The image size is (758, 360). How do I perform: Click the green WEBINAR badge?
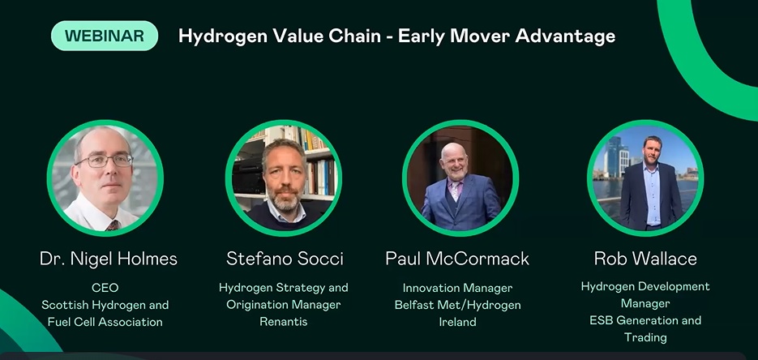[x=105, y=36]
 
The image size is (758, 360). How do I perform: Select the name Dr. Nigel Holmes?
[x=109, y=259]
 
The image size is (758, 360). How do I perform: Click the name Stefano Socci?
[x=285, y=259]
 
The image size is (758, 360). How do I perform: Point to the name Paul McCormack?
[x=457, y=259]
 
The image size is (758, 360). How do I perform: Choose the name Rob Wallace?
[x=645, y=259]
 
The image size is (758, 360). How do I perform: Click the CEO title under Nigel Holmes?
[x=105, y=288]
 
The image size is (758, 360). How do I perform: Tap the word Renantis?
[x=283, y=322]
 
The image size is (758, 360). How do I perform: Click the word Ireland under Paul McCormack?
[x=457, y=322]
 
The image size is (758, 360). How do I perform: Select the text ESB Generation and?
[x=645, y=320]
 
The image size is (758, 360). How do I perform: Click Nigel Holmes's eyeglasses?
[x=104, y=161]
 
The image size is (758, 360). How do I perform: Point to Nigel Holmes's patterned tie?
[x=113, y=225]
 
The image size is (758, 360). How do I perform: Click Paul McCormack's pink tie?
[x=455, y=191]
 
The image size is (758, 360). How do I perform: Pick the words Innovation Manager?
[x=457, y=288]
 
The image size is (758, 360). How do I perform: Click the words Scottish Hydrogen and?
[x=105, y=305]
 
